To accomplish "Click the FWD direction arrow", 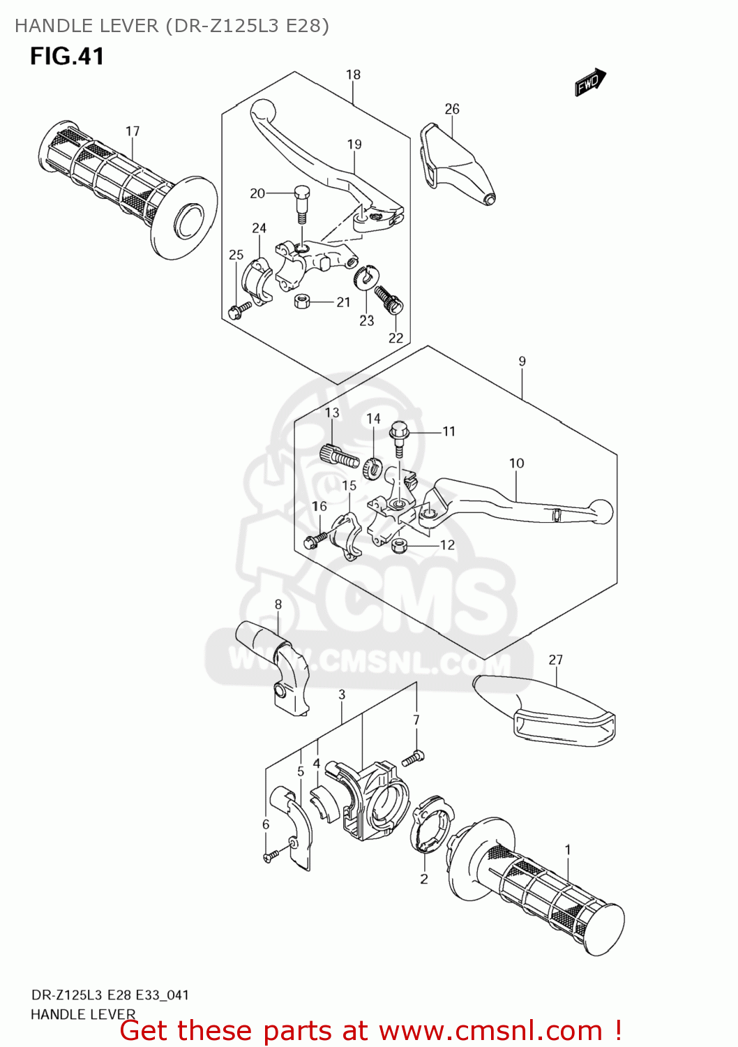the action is coord(590,82).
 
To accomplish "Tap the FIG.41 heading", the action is coord(67,57).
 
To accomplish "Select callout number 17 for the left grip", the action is coord(133,131).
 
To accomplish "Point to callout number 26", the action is coord(452,109).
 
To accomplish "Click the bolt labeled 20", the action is coord(302,202).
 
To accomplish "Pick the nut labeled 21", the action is coord(302,301).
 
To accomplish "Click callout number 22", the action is coord(396,338).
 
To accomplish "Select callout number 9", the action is coord(522,362).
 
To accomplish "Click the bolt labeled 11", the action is coord(399,436).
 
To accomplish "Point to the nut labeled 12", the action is coord(400,545).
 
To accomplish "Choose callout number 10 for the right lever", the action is coord(516,463).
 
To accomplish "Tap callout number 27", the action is coord(555,660).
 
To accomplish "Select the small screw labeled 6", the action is coord(270,855).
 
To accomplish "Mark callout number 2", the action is coord(424,879).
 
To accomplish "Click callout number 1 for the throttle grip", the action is coord(568,849).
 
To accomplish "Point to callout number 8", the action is coord(278,604).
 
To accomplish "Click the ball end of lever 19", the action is coord(263,110).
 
